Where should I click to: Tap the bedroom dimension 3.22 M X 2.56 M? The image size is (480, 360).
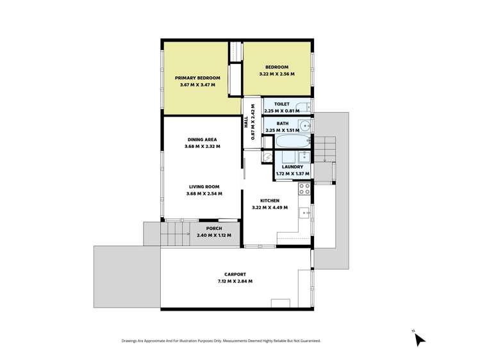click(276, 74)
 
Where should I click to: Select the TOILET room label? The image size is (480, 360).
click(281, 104)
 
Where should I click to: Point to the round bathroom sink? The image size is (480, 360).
click(306, 125)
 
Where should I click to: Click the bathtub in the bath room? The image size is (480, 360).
click(291, 140)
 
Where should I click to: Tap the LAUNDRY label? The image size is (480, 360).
click(292, 167)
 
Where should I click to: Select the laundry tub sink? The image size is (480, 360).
click(304, 156)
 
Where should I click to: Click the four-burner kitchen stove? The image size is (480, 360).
click(304, 189)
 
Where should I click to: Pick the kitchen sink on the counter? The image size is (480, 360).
click(306, 213)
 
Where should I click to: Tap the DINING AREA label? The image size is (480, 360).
click(202, 140)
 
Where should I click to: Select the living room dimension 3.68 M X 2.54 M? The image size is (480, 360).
click(204, 194)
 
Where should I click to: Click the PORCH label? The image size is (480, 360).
click(214, 229)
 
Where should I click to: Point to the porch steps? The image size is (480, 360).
click(171, 234)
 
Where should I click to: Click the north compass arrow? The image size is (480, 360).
click(420, 340)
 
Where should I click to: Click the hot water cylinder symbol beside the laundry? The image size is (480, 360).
click(267, 156)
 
